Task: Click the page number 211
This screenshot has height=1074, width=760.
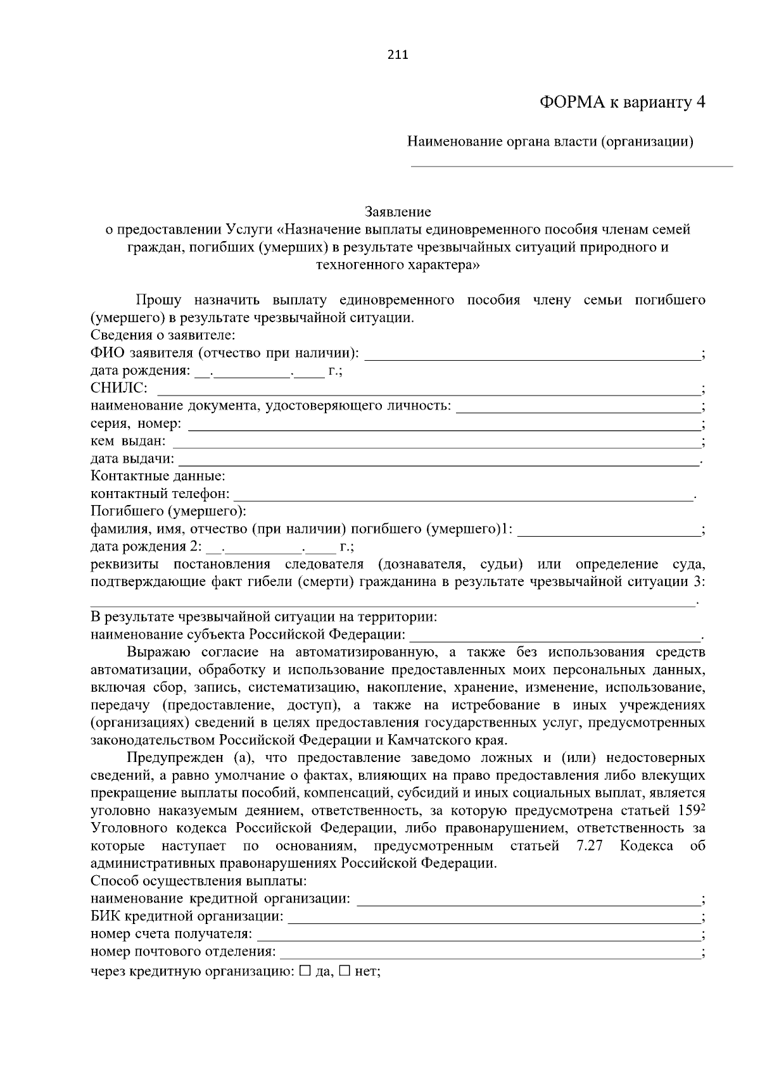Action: pos(398,54)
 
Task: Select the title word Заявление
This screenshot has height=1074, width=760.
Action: pos(398,211)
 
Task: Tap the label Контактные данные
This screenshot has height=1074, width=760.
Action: pos(158,476)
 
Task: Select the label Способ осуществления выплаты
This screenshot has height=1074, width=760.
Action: pos(199,881)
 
